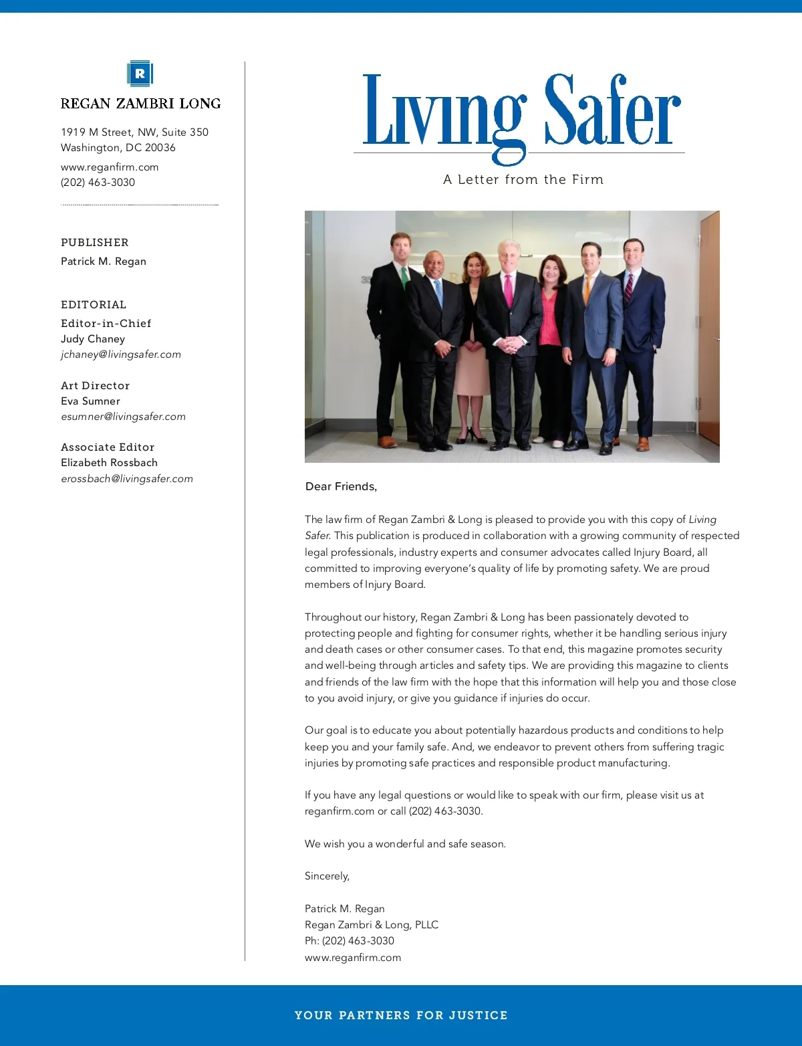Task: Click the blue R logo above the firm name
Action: (x=140, y=74)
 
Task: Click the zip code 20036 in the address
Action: (x=160, y=148)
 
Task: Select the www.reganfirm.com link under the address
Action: (x=110, y=167)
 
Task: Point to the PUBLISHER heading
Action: (x=95, y=243)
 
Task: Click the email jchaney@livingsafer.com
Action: (x=121, y=354)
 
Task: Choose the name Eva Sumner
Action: (x=90, y=401)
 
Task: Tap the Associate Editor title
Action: (x=108, y=447)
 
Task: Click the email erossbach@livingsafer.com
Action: (x=127, y=479)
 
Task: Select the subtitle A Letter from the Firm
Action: (x=523, y=180)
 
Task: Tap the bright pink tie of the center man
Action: (x=509, y=290)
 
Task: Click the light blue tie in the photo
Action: (x=438, y=293)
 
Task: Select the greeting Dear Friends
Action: (x=341, y=487)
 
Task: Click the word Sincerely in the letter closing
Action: (x=327, y=876)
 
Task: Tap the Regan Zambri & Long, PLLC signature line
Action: (x=372, y=925)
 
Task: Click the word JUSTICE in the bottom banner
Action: (x=478, y=1015)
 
